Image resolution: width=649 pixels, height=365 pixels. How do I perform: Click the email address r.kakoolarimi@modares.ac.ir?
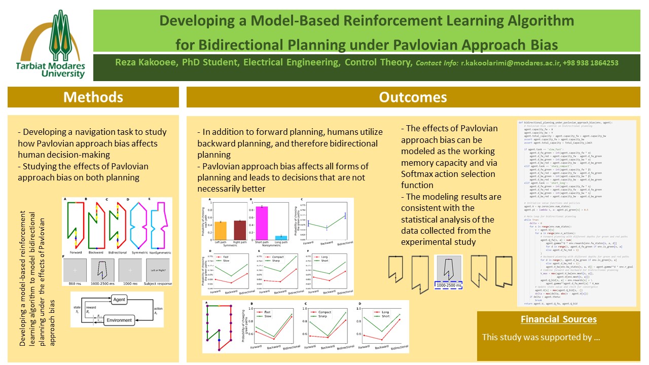pyautogui.click(x=514, y=63)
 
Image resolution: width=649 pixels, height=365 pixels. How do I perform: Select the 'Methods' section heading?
pyautogui.click(x=93, y=97)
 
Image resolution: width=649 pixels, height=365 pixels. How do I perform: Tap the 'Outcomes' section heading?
pyautogui.click(x=413, y=97)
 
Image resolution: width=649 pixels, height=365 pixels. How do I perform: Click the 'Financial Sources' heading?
pyautogui.click(x=558, y=319)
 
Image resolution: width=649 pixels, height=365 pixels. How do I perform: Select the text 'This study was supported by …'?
pyautogui.click(x=541, y=337)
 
